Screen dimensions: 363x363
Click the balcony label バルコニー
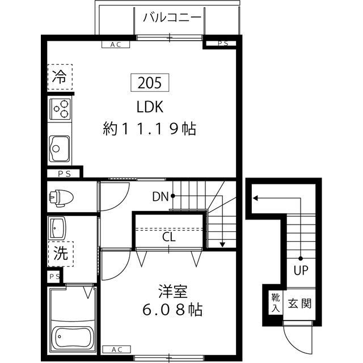[172, 17]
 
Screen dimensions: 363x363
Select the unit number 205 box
[150, 83]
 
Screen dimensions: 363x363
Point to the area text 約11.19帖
[150, 129]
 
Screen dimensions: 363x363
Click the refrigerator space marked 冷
[59, 77]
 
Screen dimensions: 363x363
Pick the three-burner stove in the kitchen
[60, 108]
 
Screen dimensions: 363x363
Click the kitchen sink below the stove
[58, 148]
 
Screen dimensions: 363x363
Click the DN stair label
[160, 197]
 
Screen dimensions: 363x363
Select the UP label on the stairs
[300, 270]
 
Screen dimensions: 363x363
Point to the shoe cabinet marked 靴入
[275, 303]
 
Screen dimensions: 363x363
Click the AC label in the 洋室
[116, 349]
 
